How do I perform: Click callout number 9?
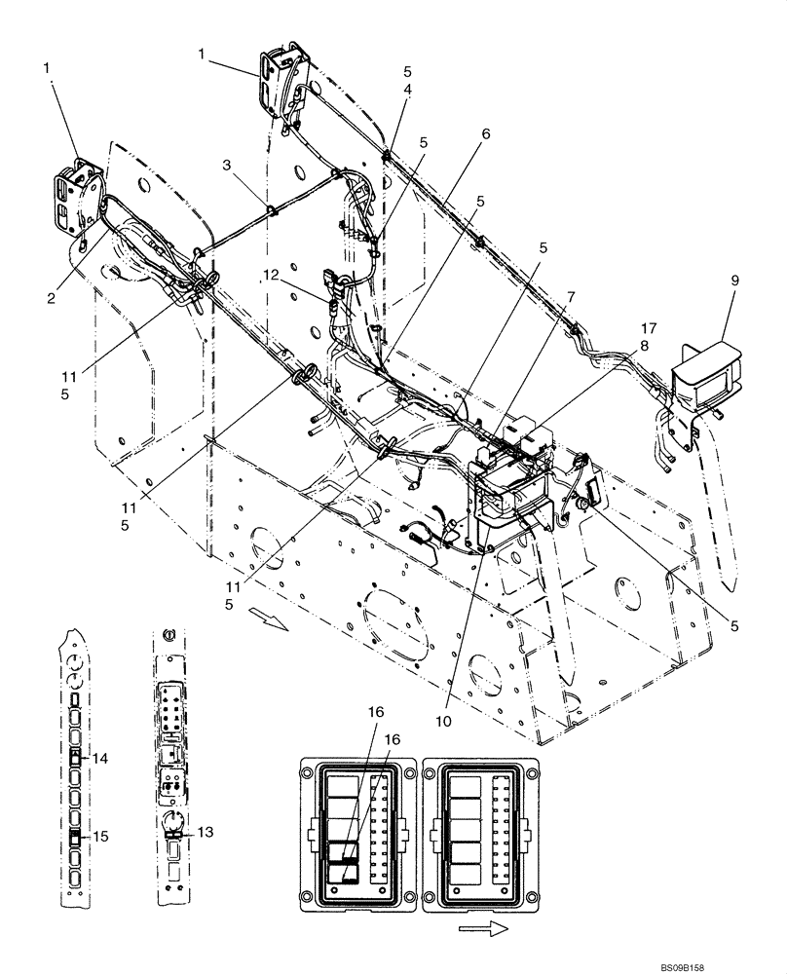[x=735, y=280]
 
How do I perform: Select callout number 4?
[x=407, y=89]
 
